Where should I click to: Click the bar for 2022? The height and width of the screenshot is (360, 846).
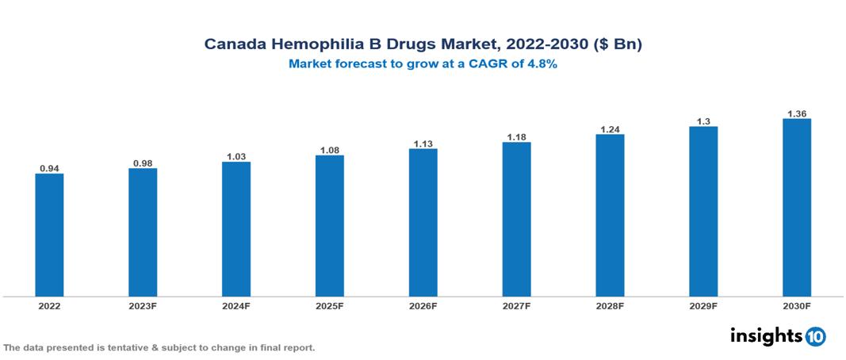click(49, 235)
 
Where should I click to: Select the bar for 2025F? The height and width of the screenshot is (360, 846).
click(329, 226)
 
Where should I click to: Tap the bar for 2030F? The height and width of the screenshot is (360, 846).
click(796, 208)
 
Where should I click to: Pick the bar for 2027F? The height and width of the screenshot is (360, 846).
click(516, 220)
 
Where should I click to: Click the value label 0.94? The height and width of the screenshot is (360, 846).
click(49, 168)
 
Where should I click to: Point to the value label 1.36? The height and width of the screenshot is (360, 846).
click(796, 113)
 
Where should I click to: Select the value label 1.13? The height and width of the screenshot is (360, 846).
click(423, 144)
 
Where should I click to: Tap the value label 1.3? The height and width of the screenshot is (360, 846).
click(703, 121)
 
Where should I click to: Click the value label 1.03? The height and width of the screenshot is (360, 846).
click(236, 157)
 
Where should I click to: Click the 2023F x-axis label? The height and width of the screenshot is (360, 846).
click(143, 305)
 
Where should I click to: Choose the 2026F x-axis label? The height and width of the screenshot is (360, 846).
click(423, 305)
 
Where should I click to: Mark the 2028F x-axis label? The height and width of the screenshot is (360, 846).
click(610, 305)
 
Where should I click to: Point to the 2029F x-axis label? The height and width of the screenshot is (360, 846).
click(703, 305)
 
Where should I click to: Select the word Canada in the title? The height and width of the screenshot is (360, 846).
click(232, 44)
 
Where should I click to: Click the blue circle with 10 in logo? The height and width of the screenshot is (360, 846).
click(815, 337)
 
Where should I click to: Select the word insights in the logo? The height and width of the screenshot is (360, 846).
click(766, 335)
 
